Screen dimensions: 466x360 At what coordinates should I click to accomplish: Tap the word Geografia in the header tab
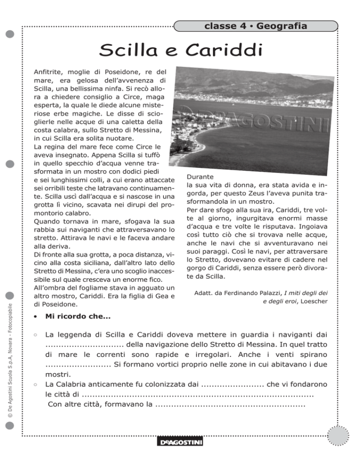tap(281, 26)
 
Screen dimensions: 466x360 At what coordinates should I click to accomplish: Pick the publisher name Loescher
tap(311, 303)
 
